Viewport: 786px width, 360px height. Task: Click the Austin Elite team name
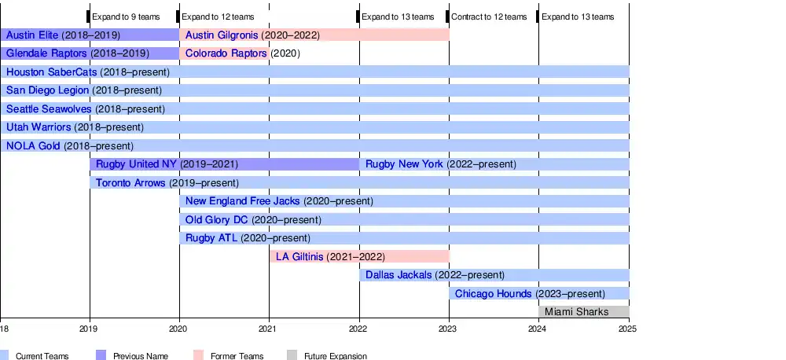[x=32, y=35]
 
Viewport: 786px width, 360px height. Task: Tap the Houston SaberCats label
[x=51, y=72]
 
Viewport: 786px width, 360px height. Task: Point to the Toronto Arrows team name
[x=130, y=183]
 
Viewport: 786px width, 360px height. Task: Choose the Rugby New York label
[x=404, y=164]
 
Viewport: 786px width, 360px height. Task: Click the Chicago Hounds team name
[x=494, y=294]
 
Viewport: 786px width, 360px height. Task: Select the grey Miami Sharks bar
[x=583, y=312]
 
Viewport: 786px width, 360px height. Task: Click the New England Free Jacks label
[x=242, y=201]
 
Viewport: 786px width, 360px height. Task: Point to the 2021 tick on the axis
[x=269, y=329]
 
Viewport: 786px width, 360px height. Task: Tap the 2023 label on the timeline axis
[x=449, y=329]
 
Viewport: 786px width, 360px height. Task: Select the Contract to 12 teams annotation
[x=489, y=17]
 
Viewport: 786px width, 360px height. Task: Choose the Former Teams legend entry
[x=237, y=356]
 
